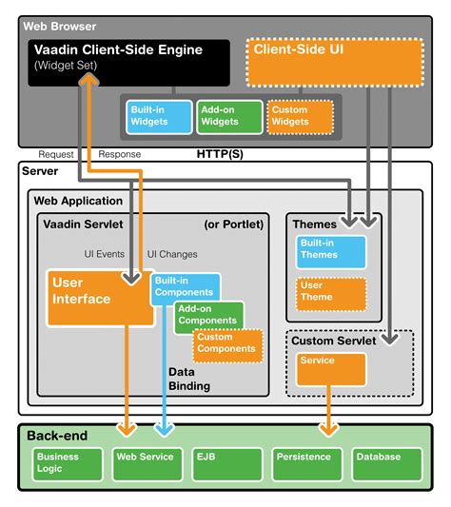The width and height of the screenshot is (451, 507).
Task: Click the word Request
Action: coord(56,154)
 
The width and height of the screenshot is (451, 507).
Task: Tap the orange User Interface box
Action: coord(95,297)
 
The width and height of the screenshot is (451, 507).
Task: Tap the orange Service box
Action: coord(329,369)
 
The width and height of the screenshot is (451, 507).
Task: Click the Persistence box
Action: coord(305,463)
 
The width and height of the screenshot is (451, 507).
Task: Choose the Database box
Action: coord(383,463)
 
